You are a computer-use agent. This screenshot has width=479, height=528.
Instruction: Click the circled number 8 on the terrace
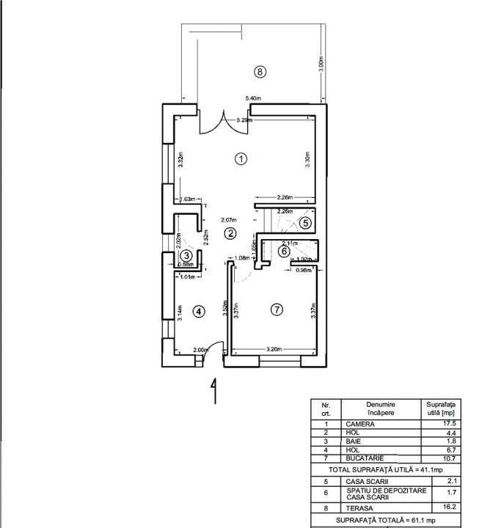point(258,71)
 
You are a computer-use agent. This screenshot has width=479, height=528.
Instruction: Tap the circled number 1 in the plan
point(239,158)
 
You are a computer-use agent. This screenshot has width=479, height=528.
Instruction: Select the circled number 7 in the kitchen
point(276,309)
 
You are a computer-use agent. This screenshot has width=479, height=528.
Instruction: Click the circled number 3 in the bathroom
point(186,254)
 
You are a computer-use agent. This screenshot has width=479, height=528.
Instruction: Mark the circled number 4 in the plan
point(197,311)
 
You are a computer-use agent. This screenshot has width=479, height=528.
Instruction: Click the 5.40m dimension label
point(253,98)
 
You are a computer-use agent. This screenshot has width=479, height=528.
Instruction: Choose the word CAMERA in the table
point(360,424)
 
